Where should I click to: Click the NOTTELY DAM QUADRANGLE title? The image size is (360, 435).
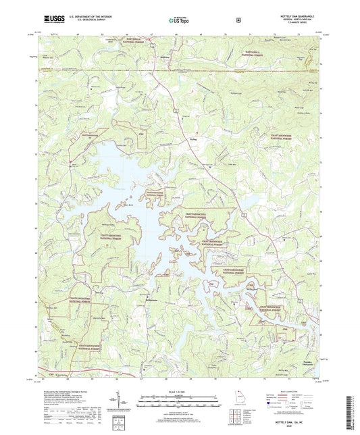[x=296, y=15]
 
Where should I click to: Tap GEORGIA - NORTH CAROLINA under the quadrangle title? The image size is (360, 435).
[x=296, y=19]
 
